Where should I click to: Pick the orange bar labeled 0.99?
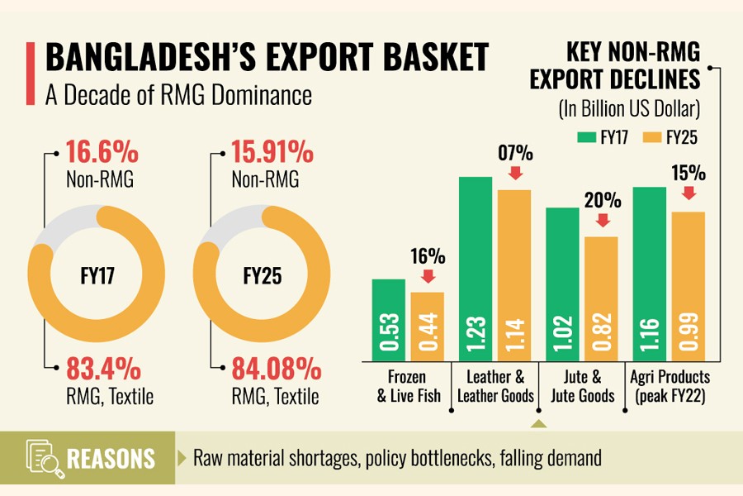coord(688,286)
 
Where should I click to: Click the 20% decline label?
coord(603,201)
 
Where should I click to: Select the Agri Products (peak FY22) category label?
coord(670,386)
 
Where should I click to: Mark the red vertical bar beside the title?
coord(31,74)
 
